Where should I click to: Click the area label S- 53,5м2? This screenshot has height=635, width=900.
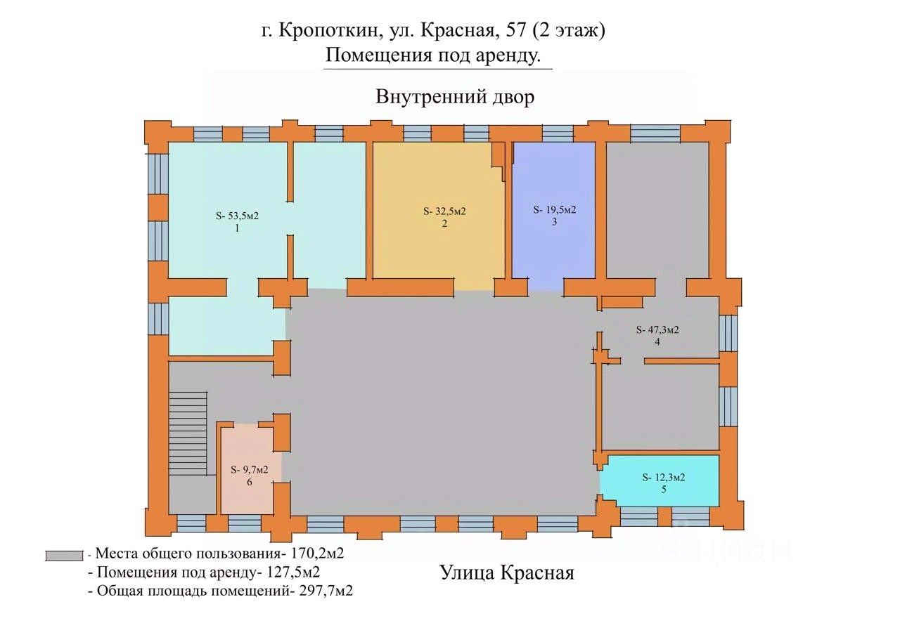click(x=237, y=216)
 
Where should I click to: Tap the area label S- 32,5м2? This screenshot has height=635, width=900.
click(x=444, y=211)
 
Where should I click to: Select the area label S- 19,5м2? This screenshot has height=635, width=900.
click(x=555, y=209)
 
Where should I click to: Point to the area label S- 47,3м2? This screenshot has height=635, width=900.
click(x=657, y=329)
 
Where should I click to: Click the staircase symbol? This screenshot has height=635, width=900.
click(x=188, y=433)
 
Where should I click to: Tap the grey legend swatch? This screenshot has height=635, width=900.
click(x=64, y=556)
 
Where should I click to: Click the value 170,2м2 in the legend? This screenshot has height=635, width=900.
click(x=317, y=554)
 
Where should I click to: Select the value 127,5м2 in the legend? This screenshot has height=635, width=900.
click(x=293, y=572)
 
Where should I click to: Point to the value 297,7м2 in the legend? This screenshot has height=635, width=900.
click(x=326, y=591)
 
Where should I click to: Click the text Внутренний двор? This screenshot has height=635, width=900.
click(x=455, y=97)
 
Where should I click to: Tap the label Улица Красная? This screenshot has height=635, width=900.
click(x=507, y=572)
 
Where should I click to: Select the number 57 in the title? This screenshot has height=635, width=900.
click(x=515, y=31)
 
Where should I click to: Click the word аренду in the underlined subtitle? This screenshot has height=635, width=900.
click(x=508, y=55)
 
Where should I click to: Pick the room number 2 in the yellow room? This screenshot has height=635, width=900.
click(x=444, y=224)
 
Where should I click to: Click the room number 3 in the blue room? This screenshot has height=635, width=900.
click(x=555, y=222)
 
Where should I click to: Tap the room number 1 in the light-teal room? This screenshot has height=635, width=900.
click(x=237, y=229)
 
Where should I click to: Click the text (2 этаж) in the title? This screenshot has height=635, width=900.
click(x=569, y=32)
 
